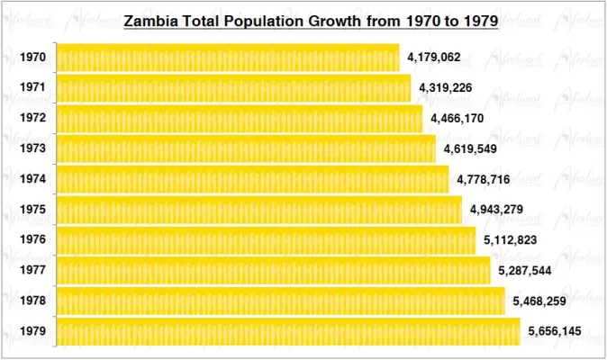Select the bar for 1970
point(227,58)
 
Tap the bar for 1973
point(246,149)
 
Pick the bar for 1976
point(266,240)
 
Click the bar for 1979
point(288,331)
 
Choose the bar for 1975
point(258,210)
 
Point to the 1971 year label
point(32,88)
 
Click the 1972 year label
point(32,119)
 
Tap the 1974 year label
point(32,179)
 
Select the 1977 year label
point(32,271)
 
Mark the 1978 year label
point(32,301)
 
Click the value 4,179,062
point(434,58)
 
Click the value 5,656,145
point(555,332)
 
